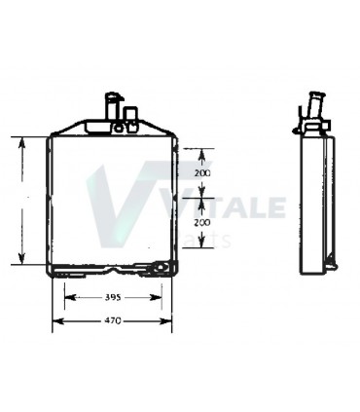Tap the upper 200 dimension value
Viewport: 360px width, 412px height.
(202, 172)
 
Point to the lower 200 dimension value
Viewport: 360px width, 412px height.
(202, 223)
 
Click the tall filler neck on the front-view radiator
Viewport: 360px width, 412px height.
(110, 105)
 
